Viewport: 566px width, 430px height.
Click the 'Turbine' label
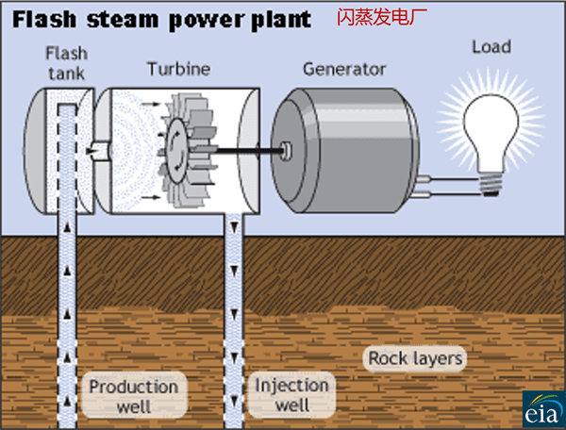coord(178,69)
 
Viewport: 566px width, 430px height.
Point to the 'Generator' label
coord(344,69)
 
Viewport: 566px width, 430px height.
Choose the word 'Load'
coord(491,46)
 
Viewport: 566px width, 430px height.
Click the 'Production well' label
coord(133,396)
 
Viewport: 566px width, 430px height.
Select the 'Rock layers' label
coord(415,358)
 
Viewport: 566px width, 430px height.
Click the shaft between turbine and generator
coord(249,148)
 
